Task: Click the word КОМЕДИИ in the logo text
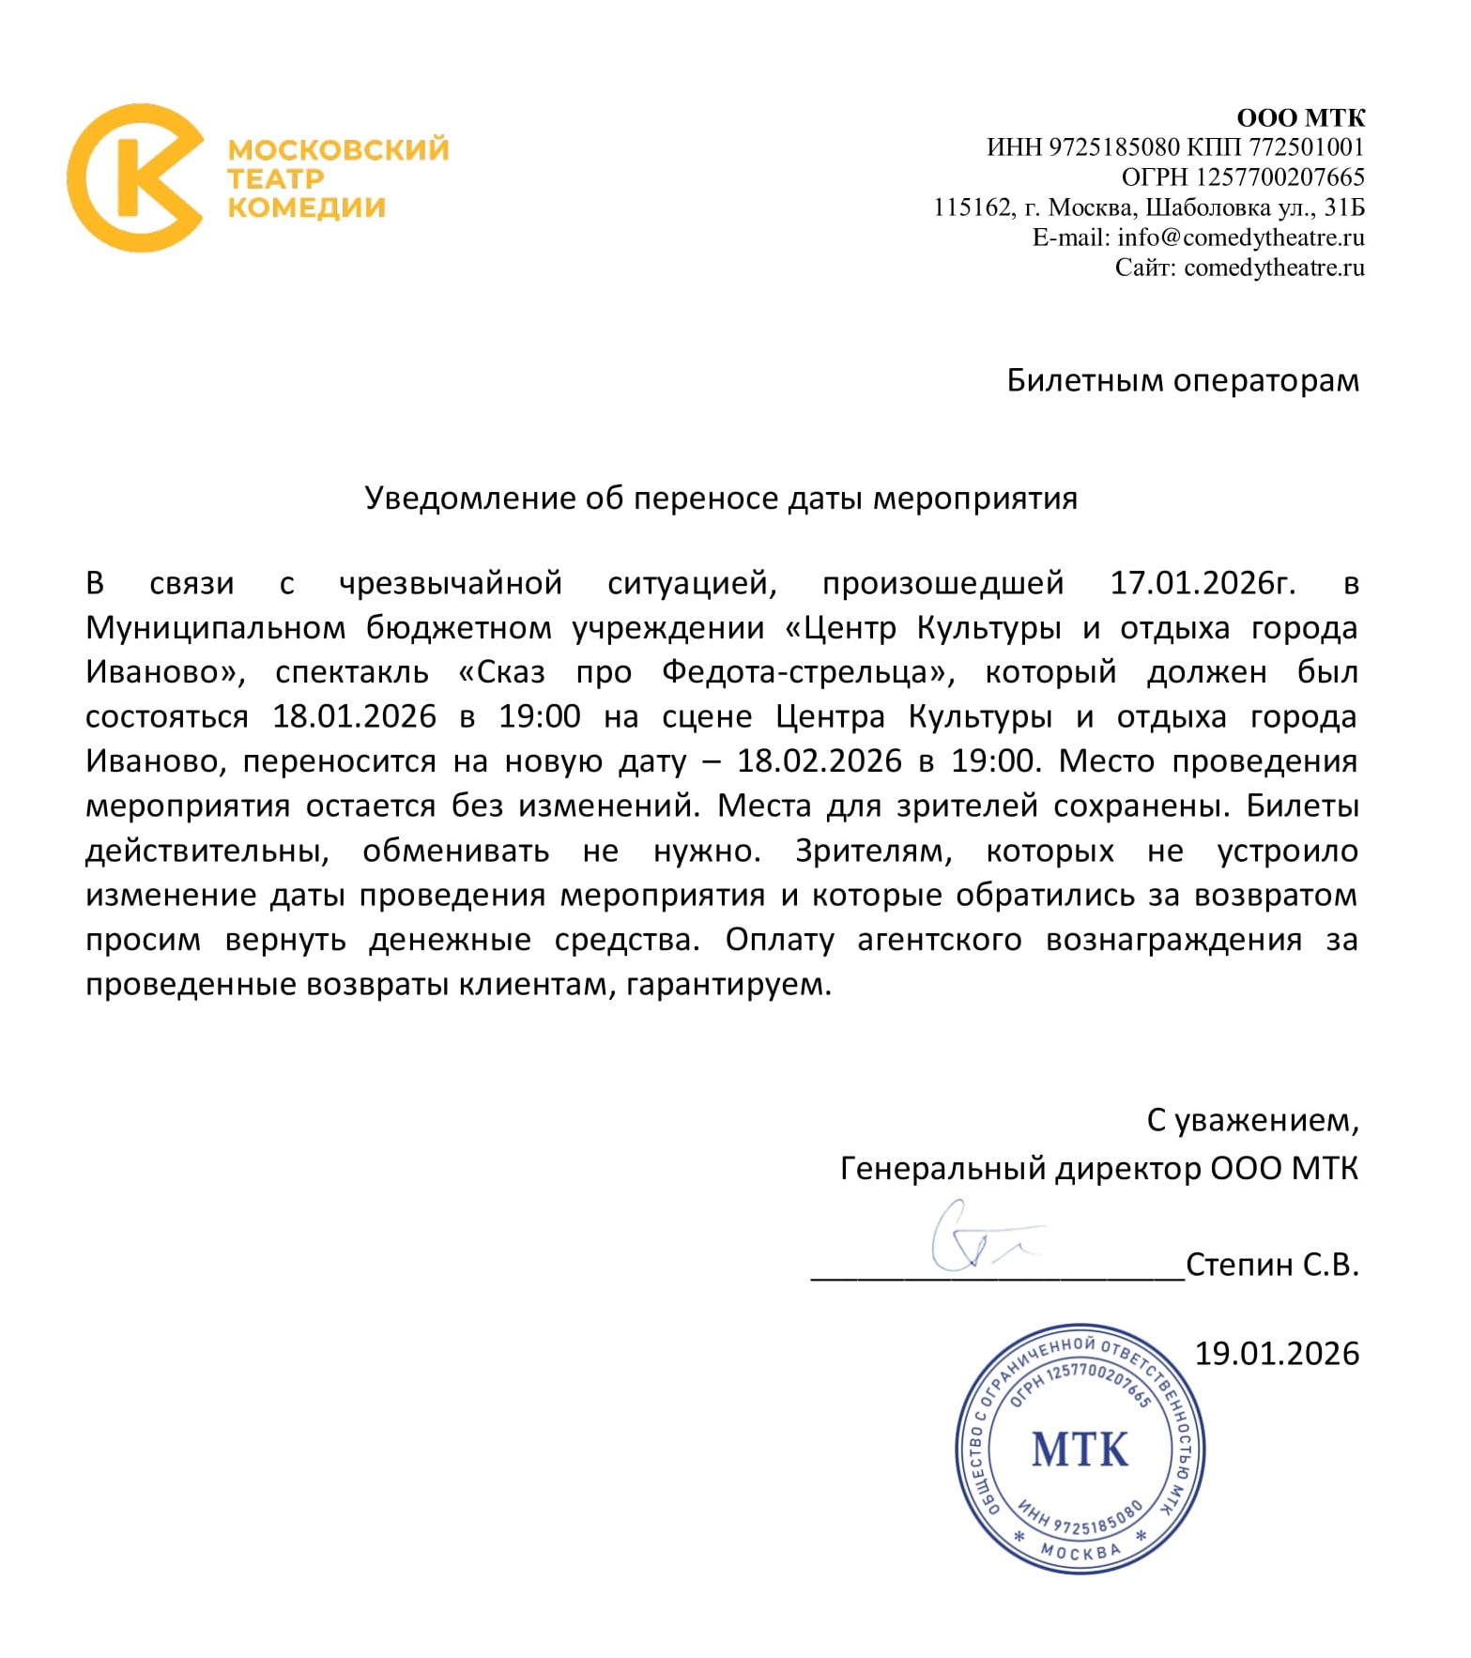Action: [x=306, y=207]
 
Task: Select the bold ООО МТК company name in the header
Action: [x=1300, y=118]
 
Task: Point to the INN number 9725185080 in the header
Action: [x=1112, y=147]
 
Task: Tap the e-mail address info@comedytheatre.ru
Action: [x=1240, y=238]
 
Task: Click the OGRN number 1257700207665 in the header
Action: [x=1279, y=177]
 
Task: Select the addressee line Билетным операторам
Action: [x=1182, y=380]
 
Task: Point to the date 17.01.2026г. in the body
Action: [x=1203, y=583]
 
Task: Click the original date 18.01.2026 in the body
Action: [x=355, y=717]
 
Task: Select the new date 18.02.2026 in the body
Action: [x=820, y=761]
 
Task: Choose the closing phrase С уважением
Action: [x=1252, y=1120]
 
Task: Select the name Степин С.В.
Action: [x=1272, y=1266]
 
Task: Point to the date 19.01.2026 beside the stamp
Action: [x=1277, y=1354]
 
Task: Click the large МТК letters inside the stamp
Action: [x=1080, y=1451]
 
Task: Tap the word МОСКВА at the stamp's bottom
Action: [x=1080, y=1551]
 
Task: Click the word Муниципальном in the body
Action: [x=216, y=628]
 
